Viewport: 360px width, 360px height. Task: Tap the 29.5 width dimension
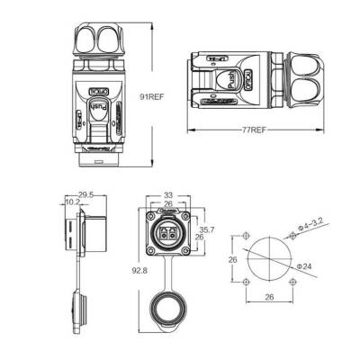click(x=87, y=193)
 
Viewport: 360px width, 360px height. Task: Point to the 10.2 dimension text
click(x=73, y=202)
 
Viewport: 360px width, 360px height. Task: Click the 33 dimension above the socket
click(x=168, y=194)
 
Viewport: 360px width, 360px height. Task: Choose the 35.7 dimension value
click(x=205, y=229)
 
